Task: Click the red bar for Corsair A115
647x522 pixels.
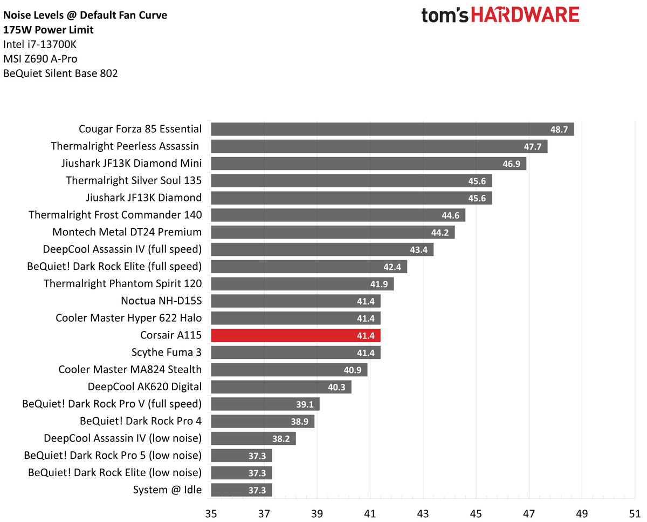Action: [295, 335]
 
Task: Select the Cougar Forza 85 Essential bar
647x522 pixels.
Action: [392, 129]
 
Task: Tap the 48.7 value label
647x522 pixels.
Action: [559, 130]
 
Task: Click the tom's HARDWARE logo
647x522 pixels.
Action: [500, 15]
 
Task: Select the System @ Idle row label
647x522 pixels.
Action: [167, 490]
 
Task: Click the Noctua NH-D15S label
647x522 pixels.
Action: [162, 301]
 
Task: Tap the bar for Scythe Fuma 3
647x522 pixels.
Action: [295, 352]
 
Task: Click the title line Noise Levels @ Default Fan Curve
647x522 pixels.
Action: [85, 15]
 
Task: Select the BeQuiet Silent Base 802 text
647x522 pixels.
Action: [60, 73]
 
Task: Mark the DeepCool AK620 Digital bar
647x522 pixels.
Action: [281, 387]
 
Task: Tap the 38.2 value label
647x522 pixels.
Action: [281, 439]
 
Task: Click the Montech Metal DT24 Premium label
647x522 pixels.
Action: [127, 232]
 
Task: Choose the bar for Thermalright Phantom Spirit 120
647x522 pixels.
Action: [302, 284]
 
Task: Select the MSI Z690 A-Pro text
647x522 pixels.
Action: [44, 59]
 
